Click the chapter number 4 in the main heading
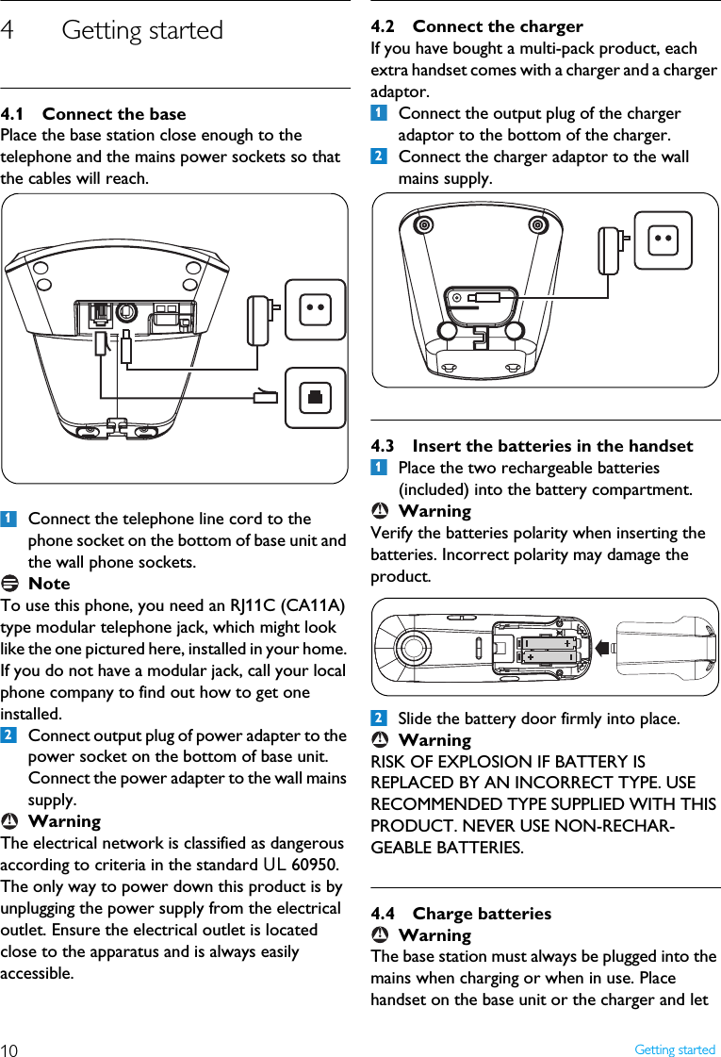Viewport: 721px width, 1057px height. point(8,30)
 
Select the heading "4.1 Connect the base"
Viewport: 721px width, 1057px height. point(93,114)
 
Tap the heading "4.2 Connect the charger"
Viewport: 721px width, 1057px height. point(477,26)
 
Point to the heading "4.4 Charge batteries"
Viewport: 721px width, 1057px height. point(461,913)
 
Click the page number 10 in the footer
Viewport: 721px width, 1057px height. point(9,1049)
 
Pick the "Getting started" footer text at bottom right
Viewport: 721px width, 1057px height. point(674,1049)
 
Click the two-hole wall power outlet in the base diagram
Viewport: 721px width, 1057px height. point(315,308)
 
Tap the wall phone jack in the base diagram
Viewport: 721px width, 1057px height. point(315,397)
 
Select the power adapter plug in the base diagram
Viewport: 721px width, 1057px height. point(260,321)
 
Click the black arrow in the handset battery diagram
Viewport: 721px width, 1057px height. point(602,647)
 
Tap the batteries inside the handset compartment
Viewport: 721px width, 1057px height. point(548,648)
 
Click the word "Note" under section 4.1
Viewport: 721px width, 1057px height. point(49,584)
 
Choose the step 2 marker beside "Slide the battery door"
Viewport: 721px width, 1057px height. point(378,718)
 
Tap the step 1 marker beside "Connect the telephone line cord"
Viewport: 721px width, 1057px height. point(8,519)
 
